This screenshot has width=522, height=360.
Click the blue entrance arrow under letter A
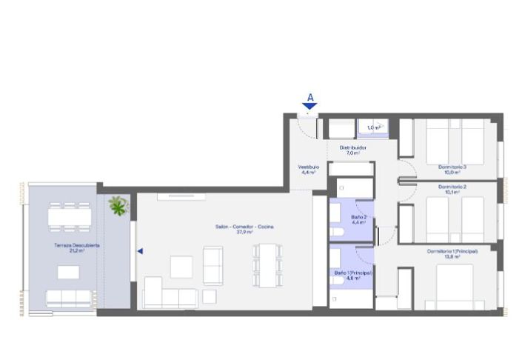coord(309,106)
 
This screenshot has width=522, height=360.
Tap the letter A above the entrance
coord(309,96)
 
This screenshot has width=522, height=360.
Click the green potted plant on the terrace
coord(118,205)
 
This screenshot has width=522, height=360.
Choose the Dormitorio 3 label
coord(452,167)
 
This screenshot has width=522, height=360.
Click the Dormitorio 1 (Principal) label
coord(452,253)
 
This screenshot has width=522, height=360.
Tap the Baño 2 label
coord(359,219)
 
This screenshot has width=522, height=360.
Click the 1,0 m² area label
coord(374,127)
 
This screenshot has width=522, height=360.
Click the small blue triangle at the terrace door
coord(139,251)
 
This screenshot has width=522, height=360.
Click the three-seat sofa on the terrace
coord(69,298)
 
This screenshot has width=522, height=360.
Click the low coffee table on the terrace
coord(68,272)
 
